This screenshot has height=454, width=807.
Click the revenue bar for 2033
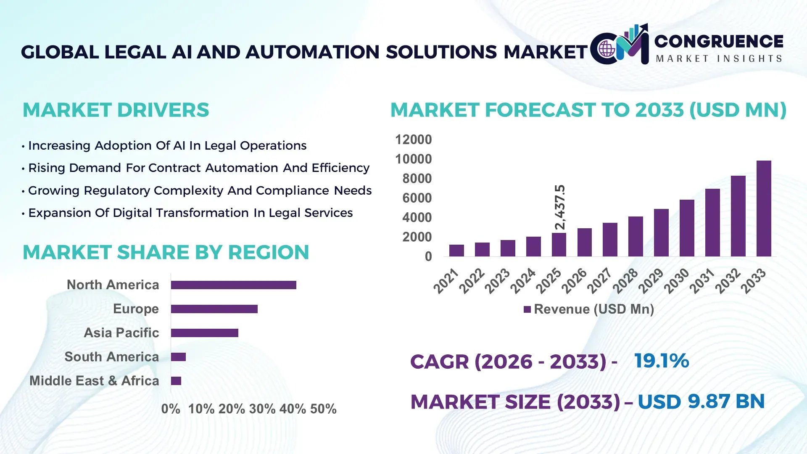763,209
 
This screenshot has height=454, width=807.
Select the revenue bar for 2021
456,251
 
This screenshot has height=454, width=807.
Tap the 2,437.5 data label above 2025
560,207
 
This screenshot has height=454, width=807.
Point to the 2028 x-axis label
625,281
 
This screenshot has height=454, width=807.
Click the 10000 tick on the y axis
413,159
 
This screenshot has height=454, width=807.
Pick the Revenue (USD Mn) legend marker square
527,310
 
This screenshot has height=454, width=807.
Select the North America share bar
233,285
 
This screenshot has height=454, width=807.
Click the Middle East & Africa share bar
176,381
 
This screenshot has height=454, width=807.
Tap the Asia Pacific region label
121,333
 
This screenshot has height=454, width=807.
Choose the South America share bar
178,357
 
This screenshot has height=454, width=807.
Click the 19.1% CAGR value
661,361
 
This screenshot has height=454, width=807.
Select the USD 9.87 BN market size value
701,401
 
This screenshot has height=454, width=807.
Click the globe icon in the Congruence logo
607,49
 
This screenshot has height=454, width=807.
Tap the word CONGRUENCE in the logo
718,42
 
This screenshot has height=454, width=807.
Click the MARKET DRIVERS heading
116,110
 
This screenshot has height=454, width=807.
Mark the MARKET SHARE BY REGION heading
166,253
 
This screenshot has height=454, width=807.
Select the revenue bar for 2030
687,228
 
